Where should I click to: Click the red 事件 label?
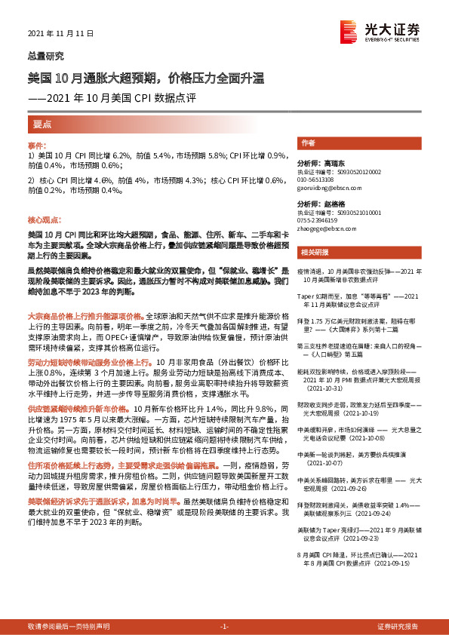click(x=36, y=144)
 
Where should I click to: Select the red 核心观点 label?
click(x=43, y=219)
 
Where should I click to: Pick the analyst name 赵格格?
click(x=329, y=204)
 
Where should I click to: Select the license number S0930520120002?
click(x=341, y=171)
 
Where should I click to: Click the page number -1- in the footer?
click(x=224, y=627)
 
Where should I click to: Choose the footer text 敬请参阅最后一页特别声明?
click(x=69, y=627)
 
